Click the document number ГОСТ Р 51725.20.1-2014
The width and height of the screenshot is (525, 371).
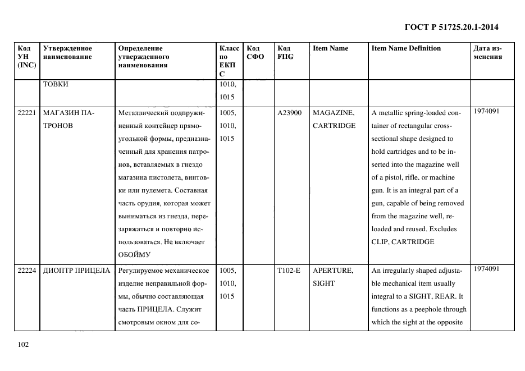tap(451, 27)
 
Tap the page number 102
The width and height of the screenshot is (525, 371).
tap(23, 345)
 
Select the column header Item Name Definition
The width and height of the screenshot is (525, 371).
tap(406, 48)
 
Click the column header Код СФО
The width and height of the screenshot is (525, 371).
tap(255, 53)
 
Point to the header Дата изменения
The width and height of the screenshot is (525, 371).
tap(487, 53)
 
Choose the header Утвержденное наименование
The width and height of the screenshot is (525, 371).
tap(67, 53)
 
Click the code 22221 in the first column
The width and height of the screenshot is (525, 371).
tap(27, 113)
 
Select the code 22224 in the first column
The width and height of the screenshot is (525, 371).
tap(27, 271)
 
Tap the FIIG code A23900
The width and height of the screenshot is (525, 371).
tap(290, 113)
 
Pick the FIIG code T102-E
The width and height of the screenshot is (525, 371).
tap(289, 271)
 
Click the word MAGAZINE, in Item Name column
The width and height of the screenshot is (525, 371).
tap(333, 113)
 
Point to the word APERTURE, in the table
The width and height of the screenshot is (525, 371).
tap(333, 271)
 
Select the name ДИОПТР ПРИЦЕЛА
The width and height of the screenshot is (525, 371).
tap(76, 271)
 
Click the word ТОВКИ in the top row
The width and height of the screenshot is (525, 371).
tap(56, 85)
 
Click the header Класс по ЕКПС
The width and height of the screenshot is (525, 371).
tap(230, 61)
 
